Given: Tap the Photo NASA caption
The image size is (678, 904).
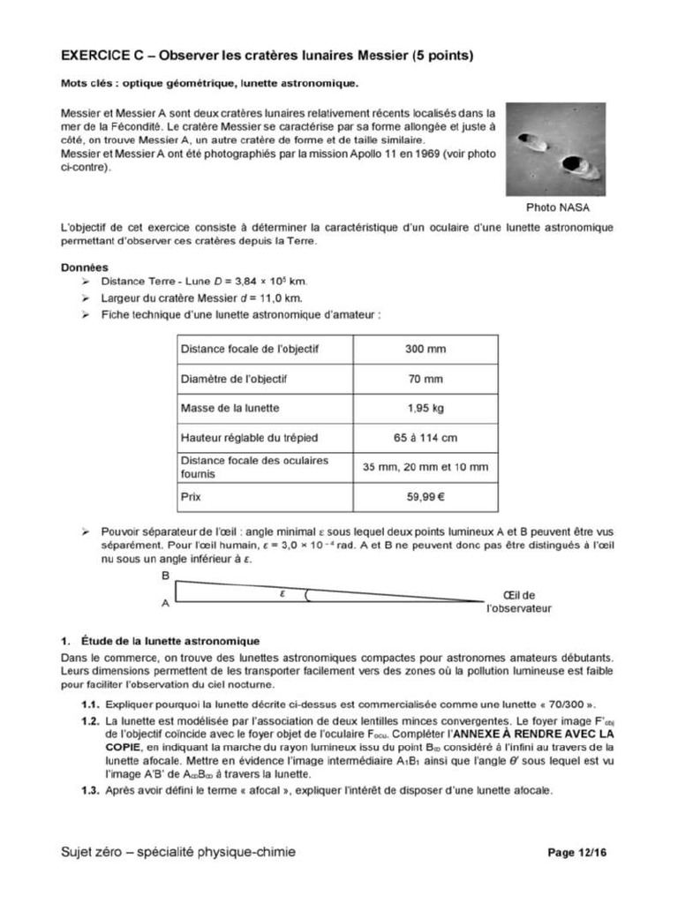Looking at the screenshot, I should [557, 207].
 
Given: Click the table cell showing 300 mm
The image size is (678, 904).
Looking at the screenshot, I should [426, 349].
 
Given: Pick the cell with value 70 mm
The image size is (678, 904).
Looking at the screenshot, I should [426, 379].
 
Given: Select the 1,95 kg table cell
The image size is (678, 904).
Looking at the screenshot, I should [426, 408].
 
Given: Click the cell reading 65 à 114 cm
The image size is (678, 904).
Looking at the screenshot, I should [426, 437].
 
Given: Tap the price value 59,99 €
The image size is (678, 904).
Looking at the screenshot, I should [426, 497].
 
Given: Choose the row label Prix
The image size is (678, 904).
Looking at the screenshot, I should [191, 497].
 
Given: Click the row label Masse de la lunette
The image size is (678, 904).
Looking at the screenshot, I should [230, 408].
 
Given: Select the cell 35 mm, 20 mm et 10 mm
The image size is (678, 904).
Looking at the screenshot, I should [426, 467].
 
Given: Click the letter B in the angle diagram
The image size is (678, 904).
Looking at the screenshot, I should [165, 576].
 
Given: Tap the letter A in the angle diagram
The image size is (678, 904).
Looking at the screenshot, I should [165, 605].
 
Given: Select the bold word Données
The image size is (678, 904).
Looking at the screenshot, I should [85, 267].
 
